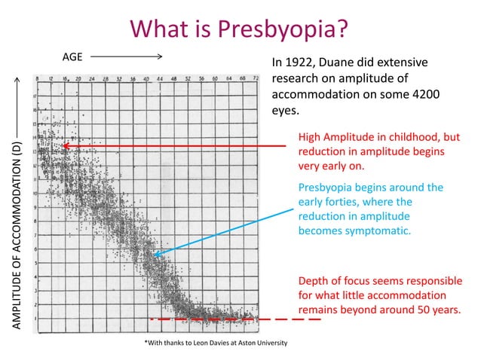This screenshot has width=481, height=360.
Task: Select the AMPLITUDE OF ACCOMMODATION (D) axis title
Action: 17,234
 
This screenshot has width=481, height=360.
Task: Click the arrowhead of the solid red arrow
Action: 66,145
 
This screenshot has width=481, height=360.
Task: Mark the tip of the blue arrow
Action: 154,256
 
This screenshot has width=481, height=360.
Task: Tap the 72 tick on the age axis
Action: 256,78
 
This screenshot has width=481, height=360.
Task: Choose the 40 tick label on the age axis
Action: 149,78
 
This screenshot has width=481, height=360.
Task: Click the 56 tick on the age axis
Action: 203,78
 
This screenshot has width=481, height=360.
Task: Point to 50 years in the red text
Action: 434,310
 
